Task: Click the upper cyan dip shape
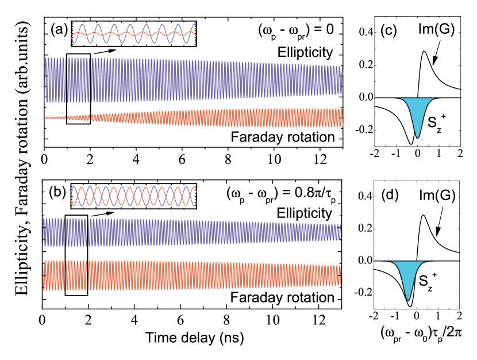(x=417, y=112)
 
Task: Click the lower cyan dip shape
(x=408, y=275)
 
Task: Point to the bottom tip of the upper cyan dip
(x=418, y=137)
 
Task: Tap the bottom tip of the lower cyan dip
(x=408, y=300)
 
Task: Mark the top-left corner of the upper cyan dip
(x=401, y=99)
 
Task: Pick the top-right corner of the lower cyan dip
(x=425, y=262)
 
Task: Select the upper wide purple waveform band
(x=193, y=79)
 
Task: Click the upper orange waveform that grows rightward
(x=230, y=118)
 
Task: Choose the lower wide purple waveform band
(x=191, y=232)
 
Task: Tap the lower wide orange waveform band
(x=191, y=275)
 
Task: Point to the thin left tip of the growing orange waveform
(x=45, y=118)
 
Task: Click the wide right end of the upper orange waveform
(x=342, y=118)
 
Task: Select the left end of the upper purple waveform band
(x=45, y=79)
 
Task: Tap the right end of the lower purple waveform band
(x=340, y=232)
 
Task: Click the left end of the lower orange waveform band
(x=44, y=275)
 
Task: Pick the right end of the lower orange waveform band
(x=340, y=275)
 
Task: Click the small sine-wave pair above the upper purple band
(x=134, y=34)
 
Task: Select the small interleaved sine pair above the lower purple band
(x=134, y=196)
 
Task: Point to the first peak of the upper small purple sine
(x=82, y=25)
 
